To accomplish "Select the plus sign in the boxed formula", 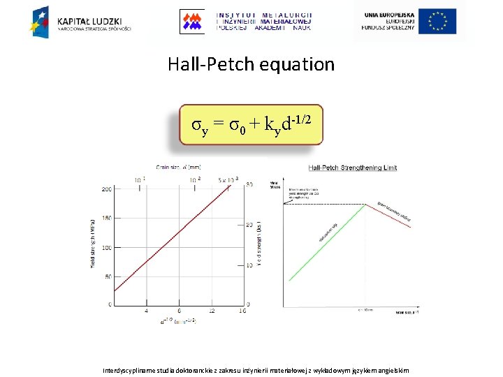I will click(x=254, y=125).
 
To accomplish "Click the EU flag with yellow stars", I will click(x=437, y=21).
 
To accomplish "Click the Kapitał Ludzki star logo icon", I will click(x=39, y=21).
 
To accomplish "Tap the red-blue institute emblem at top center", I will click(x=191, y=21).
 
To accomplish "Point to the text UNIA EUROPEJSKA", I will click(x=389, y=14).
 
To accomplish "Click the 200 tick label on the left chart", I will click(x=106, y=190).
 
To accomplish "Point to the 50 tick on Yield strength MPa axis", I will click(x=108, y=277).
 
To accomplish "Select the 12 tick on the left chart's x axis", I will click(x=212, y=311).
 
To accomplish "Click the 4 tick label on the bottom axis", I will click(x=146, y=311).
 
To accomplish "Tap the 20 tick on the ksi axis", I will click(x=249, y=224).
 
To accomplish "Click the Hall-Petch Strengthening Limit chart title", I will click(x=352, y=168).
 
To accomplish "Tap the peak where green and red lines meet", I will click(x=365, y=204).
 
